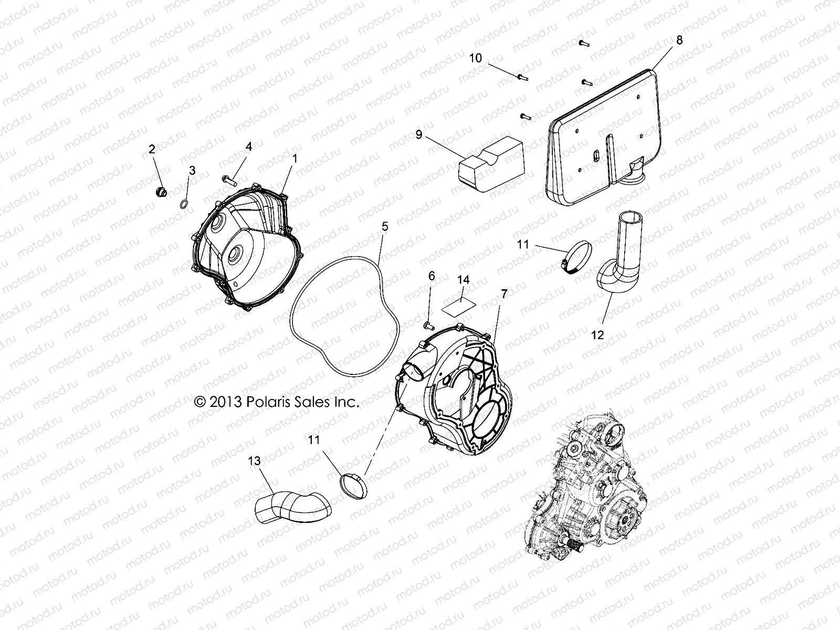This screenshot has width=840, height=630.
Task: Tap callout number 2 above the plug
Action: click(152, 150)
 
